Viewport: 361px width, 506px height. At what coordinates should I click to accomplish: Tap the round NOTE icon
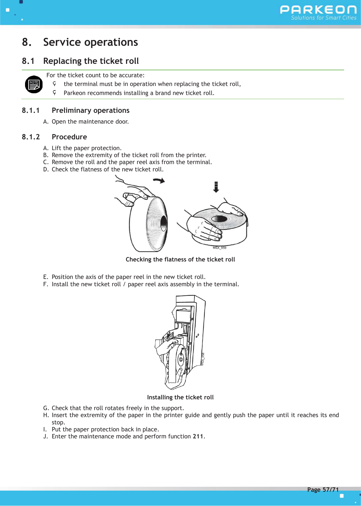34,85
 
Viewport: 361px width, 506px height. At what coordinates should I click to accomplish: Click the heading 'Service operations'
90,42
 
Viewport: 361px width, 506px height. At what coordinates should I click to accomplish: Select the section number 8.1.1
31,110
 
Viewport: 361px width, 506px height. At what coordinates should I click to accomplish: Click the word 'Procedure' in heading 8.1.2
69,137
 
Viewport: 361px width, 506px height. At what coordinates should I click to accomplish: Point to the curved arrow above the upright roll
159,181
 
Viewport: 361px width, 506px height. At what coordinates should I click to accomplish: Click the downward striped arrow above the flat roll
216,187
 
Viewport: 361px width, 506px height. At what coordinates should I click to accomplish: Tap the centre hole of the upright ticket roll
164,223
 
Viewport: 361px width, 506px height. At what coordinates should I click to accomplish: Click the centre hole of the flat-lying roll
220,219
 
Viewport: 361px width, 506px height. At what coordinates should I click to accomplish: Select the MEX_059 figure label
219,248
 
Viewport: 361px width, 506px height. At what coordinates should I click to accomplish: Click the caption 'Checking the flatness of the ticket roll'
180,259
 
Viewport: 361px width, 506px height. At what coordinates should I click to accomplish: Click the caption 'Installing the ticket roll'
180,397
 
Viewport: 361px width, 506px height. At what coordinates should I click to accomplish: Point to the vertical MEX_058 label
203,359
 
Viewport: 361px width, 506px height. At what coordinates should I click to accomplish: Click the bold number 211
198,436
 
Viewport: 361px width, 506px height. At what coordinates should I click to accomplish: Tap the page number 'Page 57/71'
323,490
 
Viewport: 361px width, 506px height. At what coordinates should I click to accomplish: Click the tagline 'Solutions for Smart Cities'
323,18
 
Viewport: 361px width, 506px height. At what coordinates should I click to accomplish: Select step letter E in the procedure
45,277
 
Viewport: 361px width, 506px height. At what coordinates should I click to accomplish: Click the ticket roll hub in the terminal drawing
181,360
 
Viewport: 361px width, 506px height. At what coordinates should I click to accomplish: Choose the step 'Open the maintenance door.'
90,122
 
